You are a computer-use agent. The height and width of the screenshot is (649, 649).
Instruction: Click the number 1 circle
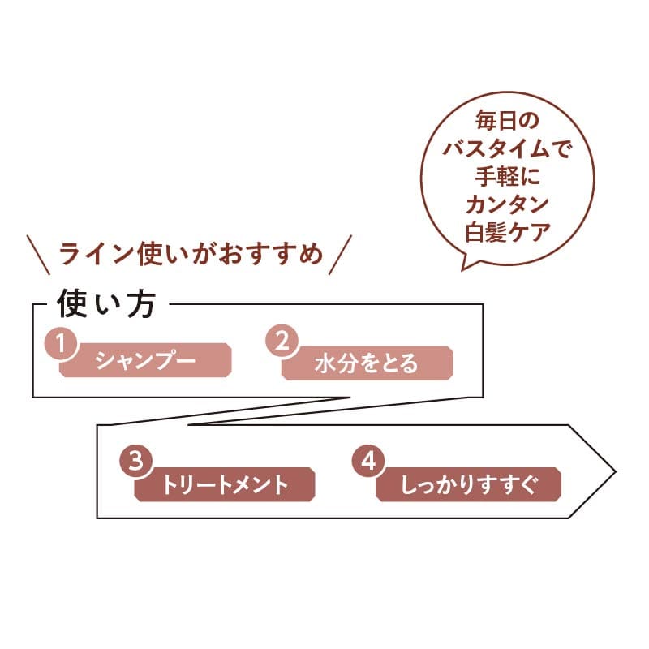pos(59,343)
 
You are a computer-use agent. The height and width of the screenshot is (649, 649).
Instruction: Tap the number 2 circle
pos(282,343)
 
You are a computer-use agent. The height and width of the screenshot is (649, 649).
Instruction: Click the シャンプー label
pos(146,361)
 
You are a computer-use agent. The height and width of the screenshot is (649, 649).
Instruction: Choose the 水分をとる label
pos(366,363)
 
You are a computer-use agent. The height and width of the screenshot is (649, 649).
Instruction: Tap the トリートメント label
pos(225,485)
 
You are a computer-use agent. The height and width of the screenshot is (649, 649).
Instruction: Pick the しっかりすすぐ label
pos(468,485)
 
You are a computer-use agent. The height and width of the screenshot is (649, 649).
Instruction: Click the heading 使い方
pos(112,306)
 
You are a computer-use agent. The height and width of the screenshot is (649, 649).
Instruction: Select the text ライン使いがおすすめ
pos(191,254)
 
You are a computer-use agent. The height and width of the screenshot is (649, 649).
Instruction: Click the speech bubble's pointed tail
pos(466,263)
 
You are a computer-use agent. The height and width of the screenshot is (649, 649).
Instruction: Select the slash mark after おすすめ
pos(342,253)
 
